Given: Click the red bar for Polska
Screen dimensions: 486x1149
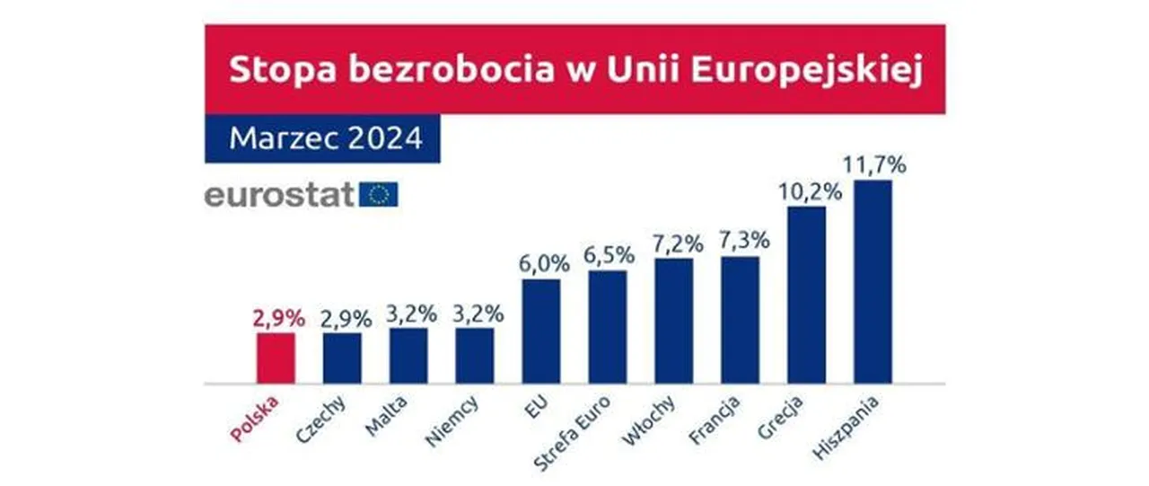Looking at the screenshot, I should click(276, 358).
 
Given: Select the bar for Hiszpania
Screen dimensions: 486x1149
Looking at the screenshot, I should click(873, 282).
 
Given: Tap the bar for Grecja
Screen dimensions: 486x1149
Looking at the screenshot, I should click(806, 296).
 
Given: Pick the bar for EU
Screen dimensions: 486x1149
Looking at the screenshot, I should click(541, 331).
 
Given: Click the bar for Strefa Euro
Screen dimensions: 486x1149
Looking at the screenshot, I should click(608, 327).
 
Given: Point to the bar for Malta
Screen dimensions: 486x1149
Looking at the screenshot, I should click(408, 356).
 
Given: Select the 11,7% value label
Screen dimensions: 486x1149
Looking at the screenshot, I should click(873, 165).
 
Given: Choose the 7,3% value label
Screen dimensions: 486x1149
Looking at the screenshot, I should click(741, 241).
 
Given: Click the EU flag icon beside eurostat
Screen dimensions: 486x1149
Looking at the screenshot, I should click(378, 194).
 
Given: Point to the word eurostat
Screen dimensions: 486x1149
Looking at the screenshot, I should click(279, 195).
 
